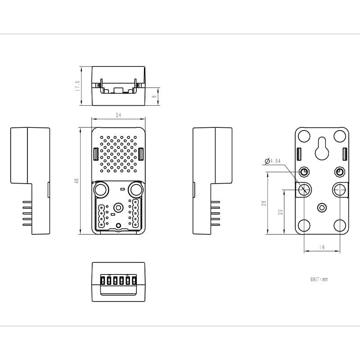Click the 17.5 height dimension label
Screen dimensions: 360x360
pyautogui.click(x=77, y=86)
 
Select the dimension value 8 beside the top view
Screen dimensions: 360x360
pyautogui.click(x=154, y=96)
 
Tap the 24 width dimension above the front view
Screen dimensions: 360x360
pyautogui.click(x=118, y=116)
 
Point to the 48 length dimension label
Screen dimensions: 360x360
pyautogui.click(x=76, y=180)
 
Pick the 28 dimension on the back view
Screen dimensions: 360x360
pyautogui.click(x=264, y=204)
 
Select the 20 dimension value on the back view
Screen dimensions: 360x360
pyautogui.click(x=280, y=211)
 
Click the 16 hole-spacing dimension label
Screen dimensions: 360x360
pyautogui.click(x=322, y=247)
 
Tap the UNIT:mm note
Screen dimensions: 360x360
pyautogui.click(x=319, y=279)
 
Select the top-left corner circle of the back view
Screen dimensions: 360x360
pyautogui.click(x=304, y=136)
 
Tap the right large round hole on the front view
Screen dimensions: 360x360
pyautogui.click(x=136, y=189)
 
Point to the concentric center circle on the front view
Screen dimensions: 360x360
pyautogui.click(x=118, y=207)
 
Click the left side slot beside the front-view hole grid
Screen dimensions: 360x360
pyautogui.click(x=96, y=154)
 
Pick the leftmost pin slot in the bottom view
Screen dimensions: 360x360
pyautogui.click(x=103, y=281)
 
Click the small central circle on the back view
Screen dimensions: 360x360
pyautogui.click(x=322, y=207)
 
